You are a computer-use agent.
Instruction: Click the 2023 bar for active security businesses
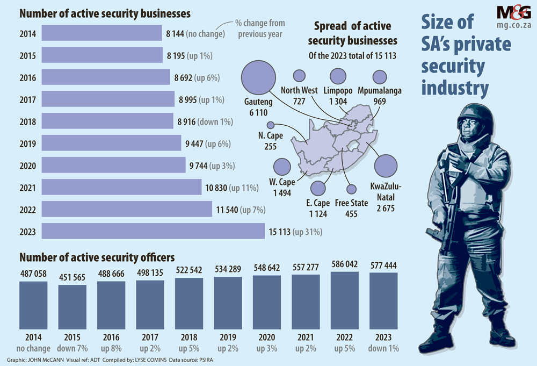coord(153,232)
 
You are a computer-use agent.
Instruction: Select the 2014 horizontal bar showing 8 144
coord(101,33)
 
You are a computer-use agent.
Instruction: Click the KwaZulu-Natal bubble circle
coord(386,166)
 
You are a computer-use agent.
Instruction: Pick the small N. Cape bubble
coord(271,125)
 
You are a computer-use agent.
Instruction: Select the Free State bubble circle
coord(351,189)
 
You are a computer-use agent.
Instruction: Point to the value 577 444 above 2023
coord(383,266)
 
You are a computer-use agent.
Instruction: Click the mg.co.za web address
coord(506,25)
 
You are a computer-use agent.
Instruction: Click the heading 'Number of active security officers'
coord(97,258)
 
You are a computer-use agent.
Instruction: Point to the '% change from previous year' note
coord(260,28)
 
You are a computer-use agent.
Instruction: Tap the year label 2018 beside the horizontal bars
coord(27,121)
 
